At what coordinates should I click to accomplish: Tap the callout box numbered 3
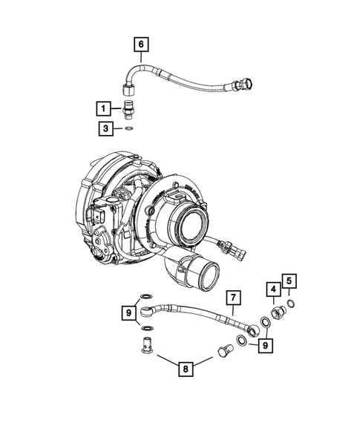click(x=107, y=128)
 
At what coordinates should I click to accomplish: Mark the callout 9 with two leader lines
click(x=129, y=314)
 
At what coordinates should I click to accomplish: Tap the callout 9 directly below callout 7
click(x=265, y=344)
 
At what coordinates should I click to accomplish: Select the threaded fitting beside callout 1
click(x=130, y=109)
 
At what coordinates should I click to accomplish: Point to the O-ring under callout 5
click(x=292, y=303)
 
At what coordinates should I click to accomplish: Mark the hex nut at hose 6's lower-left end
click(x=130, y=93)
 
